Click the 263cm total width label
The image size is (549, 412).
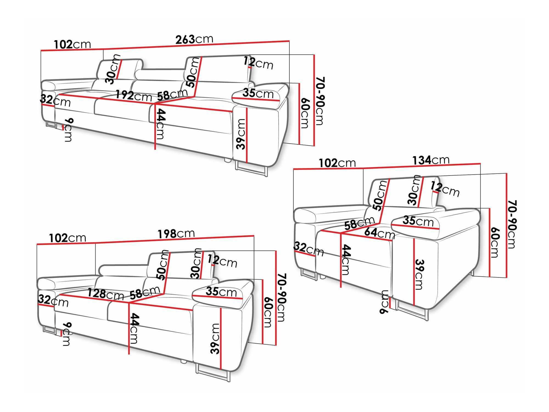(194, 39)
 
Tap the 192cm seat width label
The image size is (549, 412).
(134, 96)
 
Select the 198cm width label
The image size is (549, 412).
(176, 234)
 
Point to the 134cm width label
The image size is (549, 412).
(431, 160)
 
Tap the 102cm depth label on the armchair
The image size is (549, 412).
(337, 163)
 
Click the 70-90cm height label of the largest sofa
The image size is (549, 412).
(320, 101)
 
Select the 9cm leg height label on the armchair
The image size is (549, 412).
(385, 302)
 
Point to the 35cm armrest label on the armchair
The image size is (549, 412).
(418, 221)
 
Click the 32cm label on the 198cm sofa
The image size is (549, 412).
(53, 300)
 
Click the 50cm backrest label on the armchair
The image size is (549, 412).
(380, 195)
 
